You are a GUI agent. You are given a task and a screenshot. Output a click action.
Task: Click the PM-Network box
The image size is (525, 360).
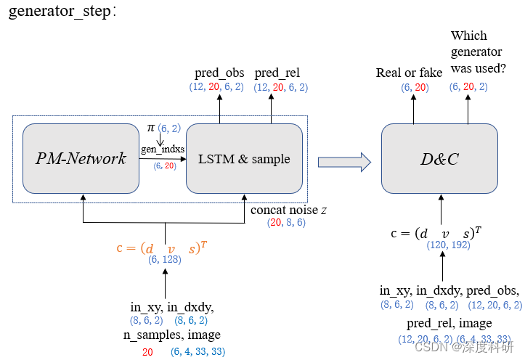point(81,158)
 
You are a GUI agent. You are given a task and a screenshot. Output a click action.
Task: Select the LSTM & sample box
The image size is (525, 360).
point(244,158)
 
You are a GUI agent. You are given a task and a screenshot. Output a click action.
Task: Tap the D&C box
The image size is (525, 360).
point(439,158)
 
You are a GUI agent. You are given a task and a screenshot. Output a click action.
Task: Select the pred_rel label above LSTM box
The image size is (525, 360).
point(277,73)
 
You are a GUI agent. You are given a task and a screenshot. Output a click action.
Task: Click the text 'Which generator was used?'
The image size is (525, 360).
point(479,52)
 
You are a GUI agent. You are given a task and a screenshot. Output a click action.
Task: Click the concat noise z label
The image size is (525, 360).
point(288,210)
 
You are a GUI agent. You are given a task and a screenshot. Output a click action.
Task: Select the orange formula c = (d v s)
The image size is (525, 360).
point(161,247)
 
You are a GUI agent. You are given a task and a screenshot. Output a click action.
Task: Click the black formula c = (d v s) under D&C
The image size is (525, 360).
point(438,234)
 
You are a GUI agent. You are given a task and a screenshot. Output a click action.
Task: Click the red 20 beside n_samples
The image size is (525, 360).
point(147,352)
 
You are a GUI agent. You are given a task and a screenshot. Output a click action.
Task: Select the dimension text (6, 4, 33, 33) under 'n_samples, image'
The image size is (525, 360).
point(198,352)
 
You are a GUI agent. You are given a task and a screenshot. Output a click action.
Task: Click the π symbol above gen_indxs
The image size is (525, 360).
point(151,128)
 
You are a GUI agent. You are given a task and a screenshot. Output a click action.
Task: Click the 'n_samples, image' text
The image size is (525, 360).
point(171,335)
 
